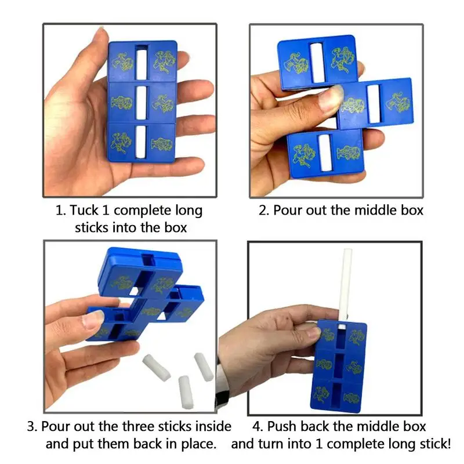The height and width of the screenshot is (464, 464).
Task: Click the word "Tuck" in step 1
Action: [84, 211]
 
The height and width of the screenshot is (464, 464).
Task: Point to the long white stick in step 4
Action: [345, 284]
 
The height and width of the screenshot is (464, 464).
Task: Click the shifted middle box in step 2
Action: [375, 104]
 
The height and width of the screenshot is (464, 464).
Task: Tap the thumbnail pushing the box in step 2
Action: [331, 97]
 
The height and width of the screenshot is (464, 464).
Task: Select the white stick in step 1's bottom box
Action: [140, 142]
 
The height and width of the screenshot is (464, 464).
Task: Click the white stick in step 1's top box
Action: [141, 64]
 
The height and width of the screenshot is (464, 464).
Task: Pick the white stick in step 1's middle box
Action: [141, 103]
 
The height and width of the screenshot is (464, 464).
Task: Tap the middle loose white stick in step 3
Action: [186, 392]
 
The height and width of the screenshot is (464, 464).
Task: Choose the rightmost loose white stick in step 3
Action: [204, 367]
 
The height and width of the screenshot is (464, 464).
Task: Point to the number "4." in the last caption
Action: [257, 426]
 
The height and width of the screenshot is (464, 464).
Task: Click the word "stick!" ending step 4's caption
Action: [435, 444]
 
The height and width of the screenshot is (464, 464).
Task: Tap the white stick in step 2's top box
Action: [317, 63]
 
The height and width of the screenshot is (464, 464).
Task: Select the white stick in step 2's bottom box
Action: [325, 153]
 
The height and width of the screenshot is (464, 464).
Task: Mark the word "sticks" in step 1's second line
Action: [92, 227]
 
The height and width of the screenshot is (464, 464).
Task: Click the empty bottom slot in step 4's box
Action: [337, 394]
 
